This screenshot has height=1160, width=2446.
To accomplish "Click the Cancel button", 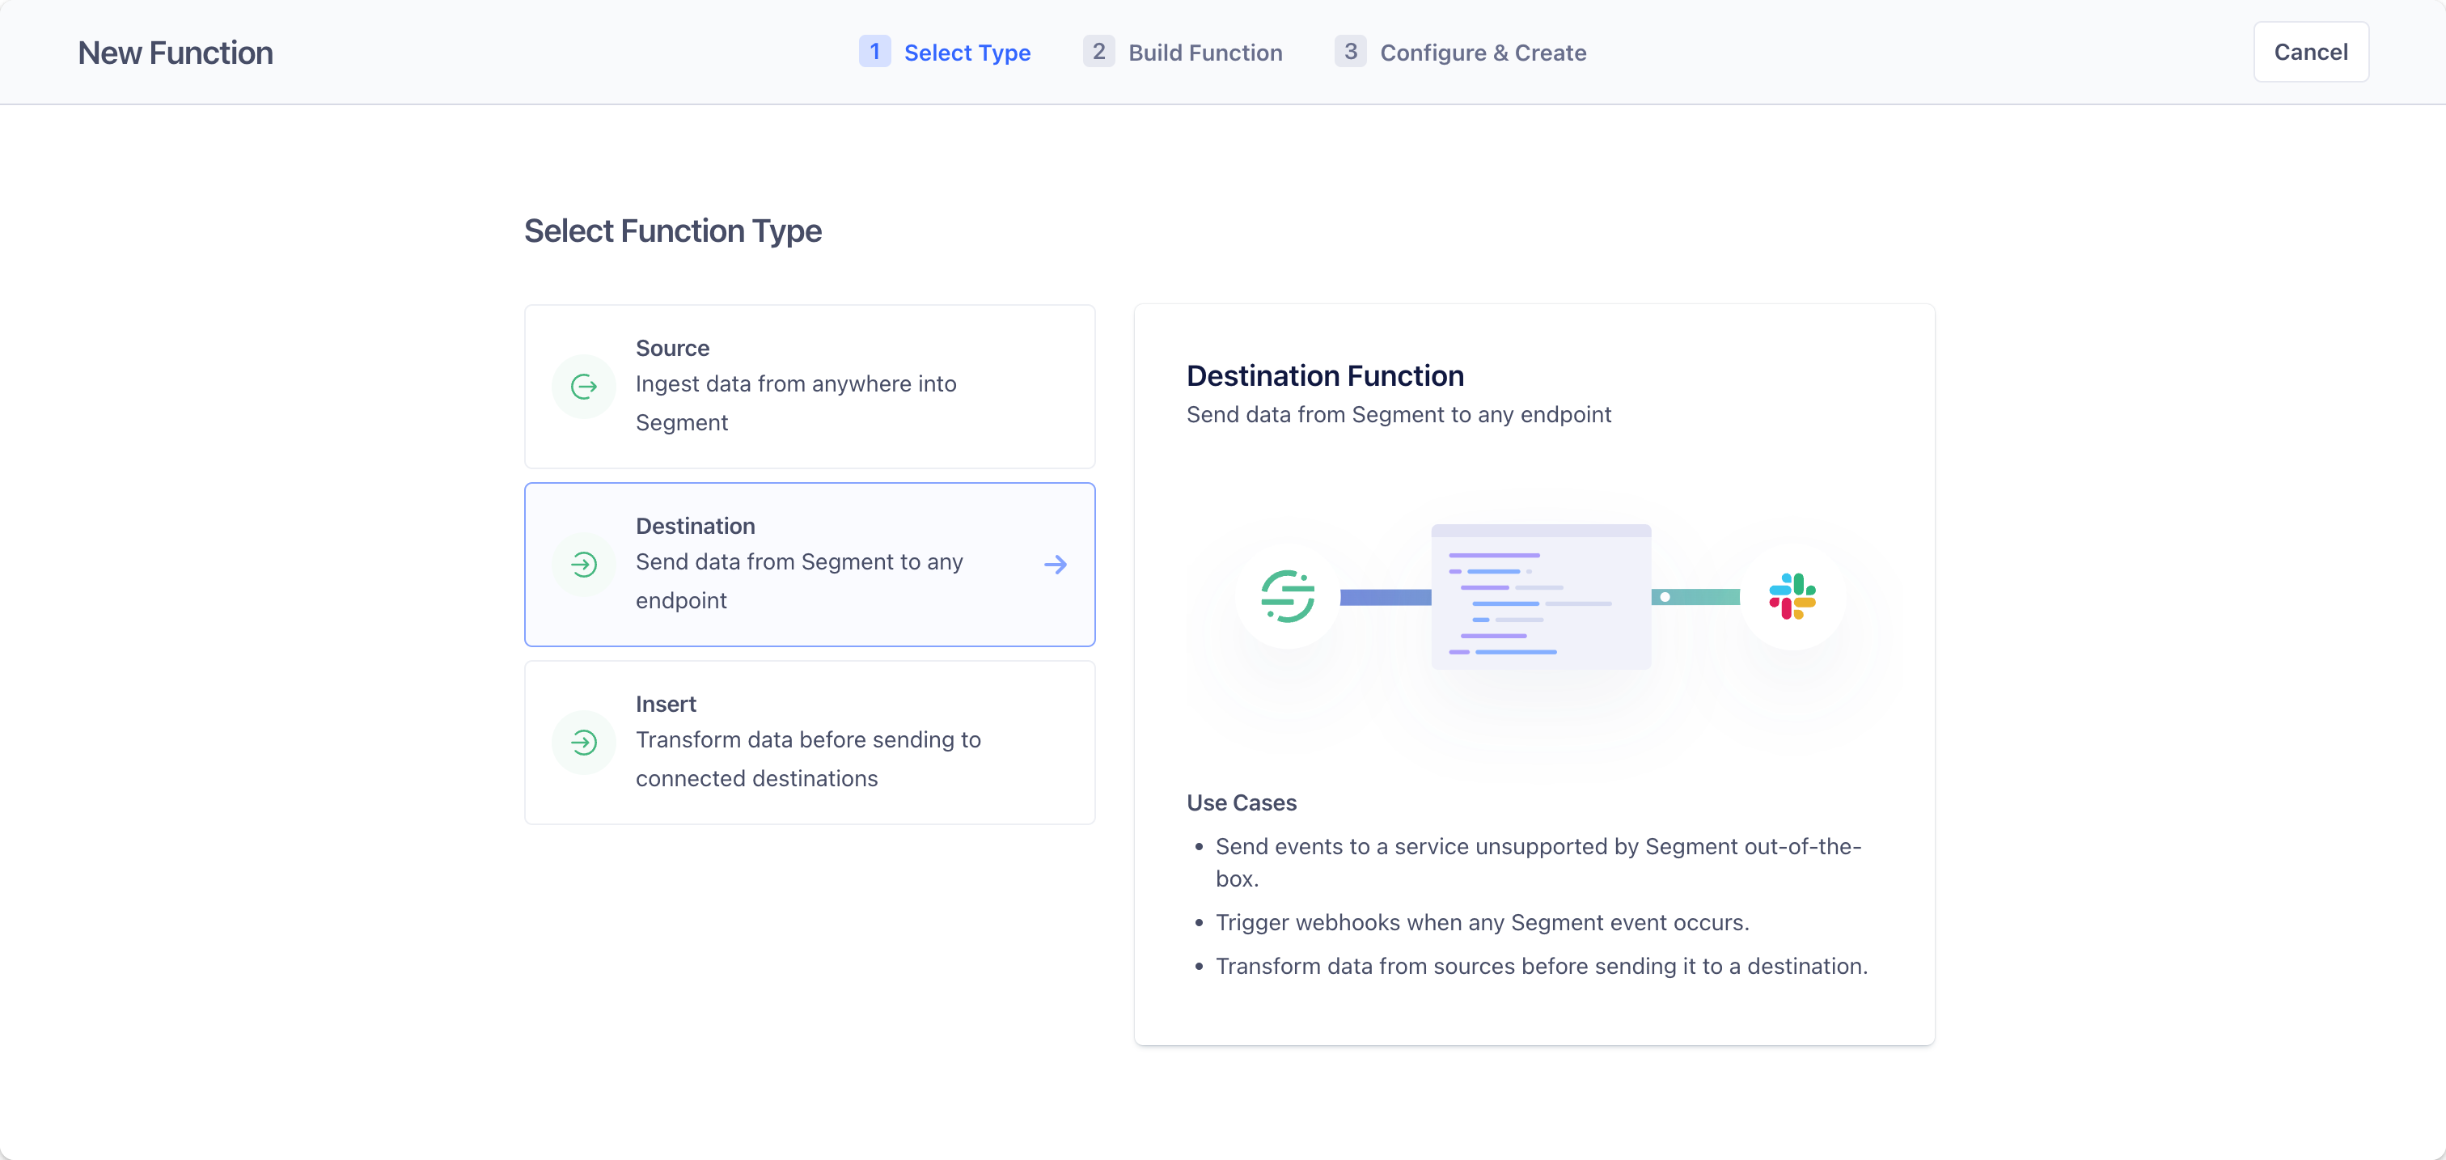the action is (2310, 53).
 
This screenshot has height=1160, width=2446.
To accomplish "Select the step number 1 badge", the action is (874, 51).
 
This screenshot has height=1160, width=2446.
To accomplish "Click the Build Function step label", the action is (1205, 53).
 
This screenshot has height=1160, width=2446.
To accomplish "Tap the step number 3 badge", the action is (1350, 51).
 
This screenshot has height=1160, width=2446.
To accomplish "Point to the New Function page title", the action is (176, 53).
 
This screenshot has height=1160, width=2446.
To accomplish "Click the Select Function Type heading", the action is (673, 231).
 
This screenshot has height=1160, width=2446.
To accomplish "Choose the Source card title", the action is (672, 349).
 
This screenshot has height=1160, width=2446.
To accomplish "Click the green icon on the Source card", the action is (584, 387).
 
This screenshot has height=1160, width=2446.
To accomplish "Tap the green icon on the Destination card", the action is (584, 565).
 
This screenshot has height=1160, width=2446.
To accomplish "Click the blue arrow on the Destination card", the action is (1056, 565).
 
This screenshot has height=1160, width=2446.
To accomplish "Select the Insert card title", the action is (666, 705).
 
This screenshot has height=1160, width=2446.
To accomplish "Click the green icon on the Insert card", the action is (584, 743).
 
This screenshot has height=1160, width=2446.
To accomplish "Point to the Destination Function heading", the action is (1325, 376).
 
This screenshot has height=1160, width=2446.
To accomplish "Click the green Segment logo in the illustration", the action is (1288, 596).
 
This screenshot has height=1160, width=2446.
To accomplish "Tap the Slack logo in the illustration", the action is (1792, 596).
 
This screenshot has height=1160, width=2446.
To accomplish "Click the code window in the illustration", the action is (1541, 597).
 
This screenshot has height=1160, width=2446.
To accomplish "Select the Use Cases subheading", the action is (1241, 803).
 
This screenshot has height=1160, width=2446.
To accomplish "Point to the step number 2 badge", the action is (1098, 51).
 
